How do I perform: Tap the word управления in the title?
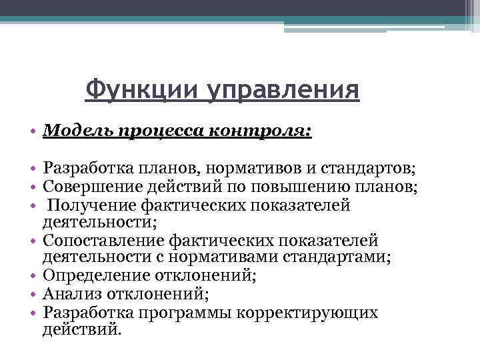click(282, 90)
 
